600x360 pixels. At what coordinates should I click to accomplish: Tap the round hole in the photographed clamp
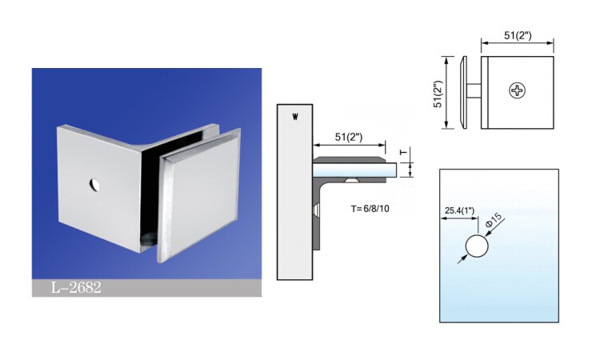[x=94, y=186]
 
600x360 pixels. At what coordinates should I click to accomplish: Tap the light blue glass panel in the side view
[x=356, y=170]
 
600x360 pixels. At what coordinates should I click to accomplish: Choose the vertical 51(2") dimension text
[x=438, y=93]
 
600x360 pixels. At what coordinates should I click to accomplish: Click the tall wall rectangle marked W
[x=294, y=192]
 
